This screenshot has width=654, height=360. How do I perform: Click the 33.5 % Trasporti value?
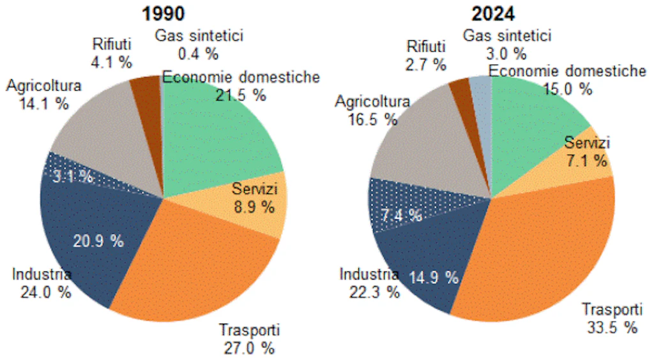612,328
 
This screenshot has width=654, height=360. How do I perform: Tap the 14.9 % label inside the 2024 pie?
434,278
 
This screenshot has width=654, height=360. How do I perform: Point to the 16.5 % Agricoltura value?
373,119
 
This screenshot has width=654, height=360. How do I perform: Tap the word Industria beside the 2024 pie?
369,275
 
